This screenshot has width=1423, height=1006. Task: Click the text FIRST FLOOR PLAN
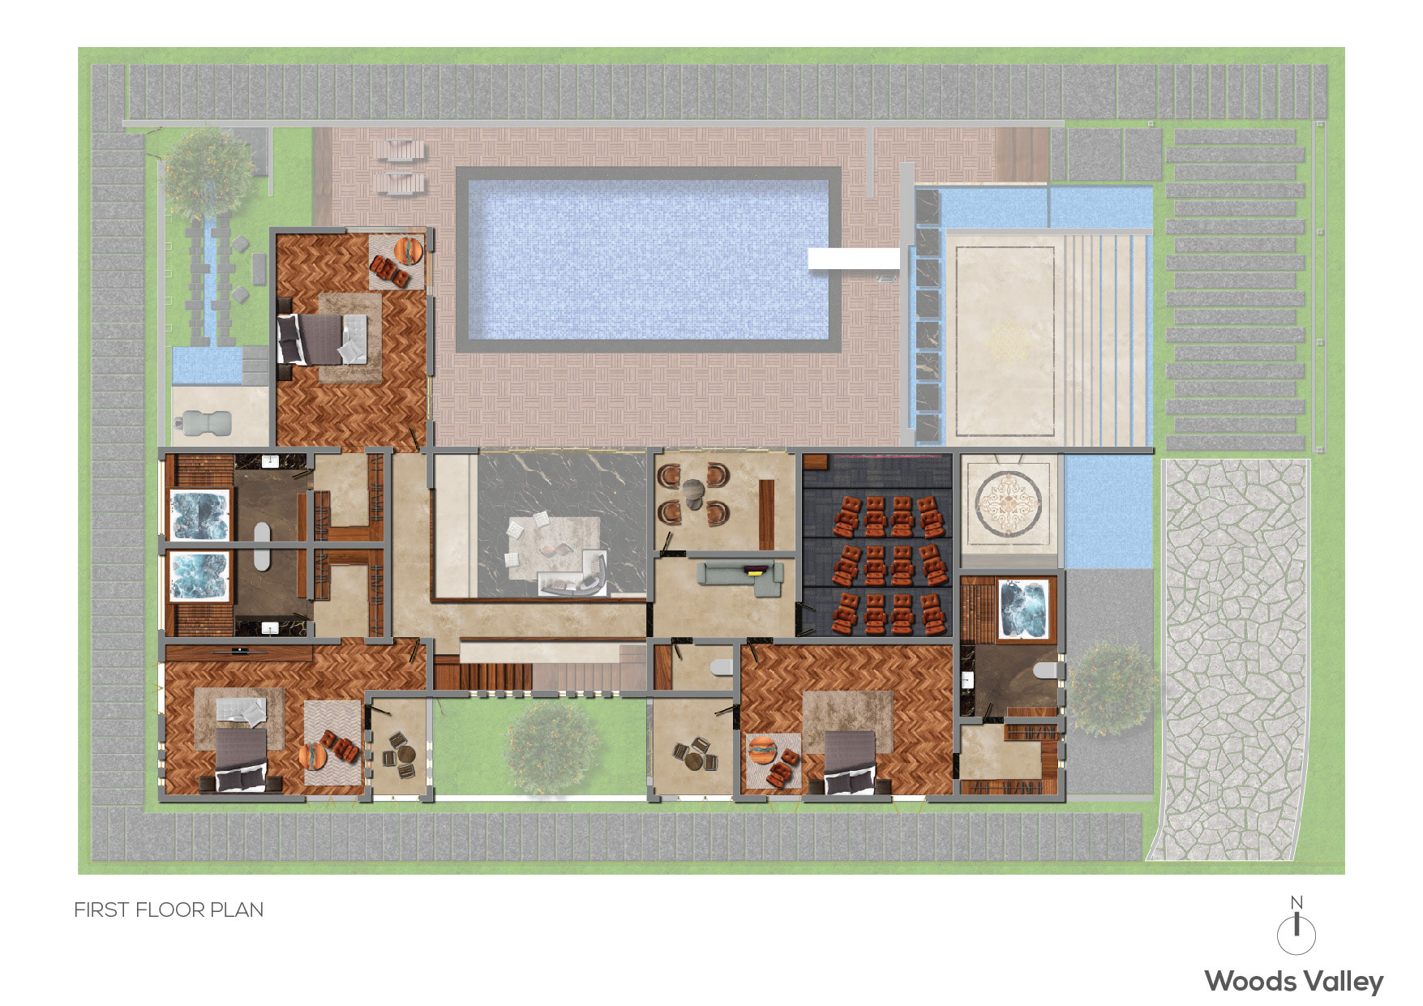tap(169, 910)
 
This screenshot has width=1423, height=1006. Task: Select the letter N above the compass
tap(1297, 902)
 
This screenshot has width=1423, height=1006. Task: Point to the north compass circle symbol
tap(1297, 935)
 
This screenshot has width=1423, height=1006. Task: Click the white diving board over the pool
tap(854, 259)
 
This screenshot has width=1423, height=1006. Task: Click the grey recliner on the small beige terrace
tap(203, 422)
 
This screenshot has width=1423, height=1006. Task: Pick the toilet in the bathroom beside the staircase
tap(720, 667)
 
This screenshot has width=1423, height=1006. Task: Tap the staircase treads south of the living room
tap(541, 676)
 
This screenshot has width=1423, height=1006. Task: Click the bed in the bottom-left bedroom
tap(241, 760)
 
